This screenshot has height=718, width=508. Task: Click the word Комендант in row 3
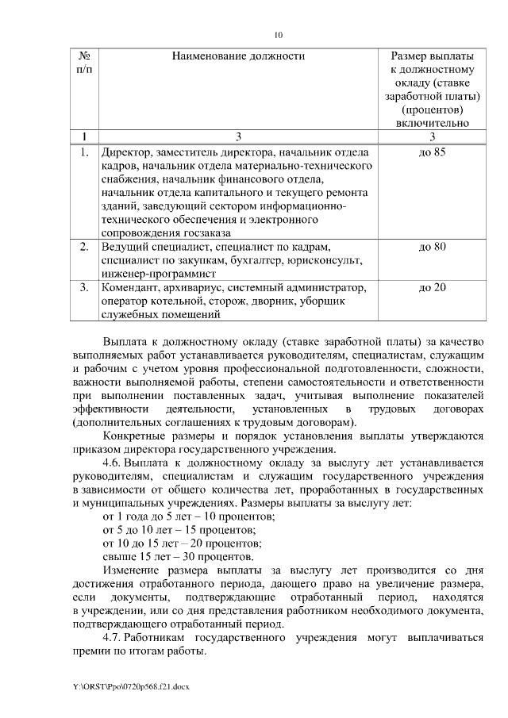coord(132,287)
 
